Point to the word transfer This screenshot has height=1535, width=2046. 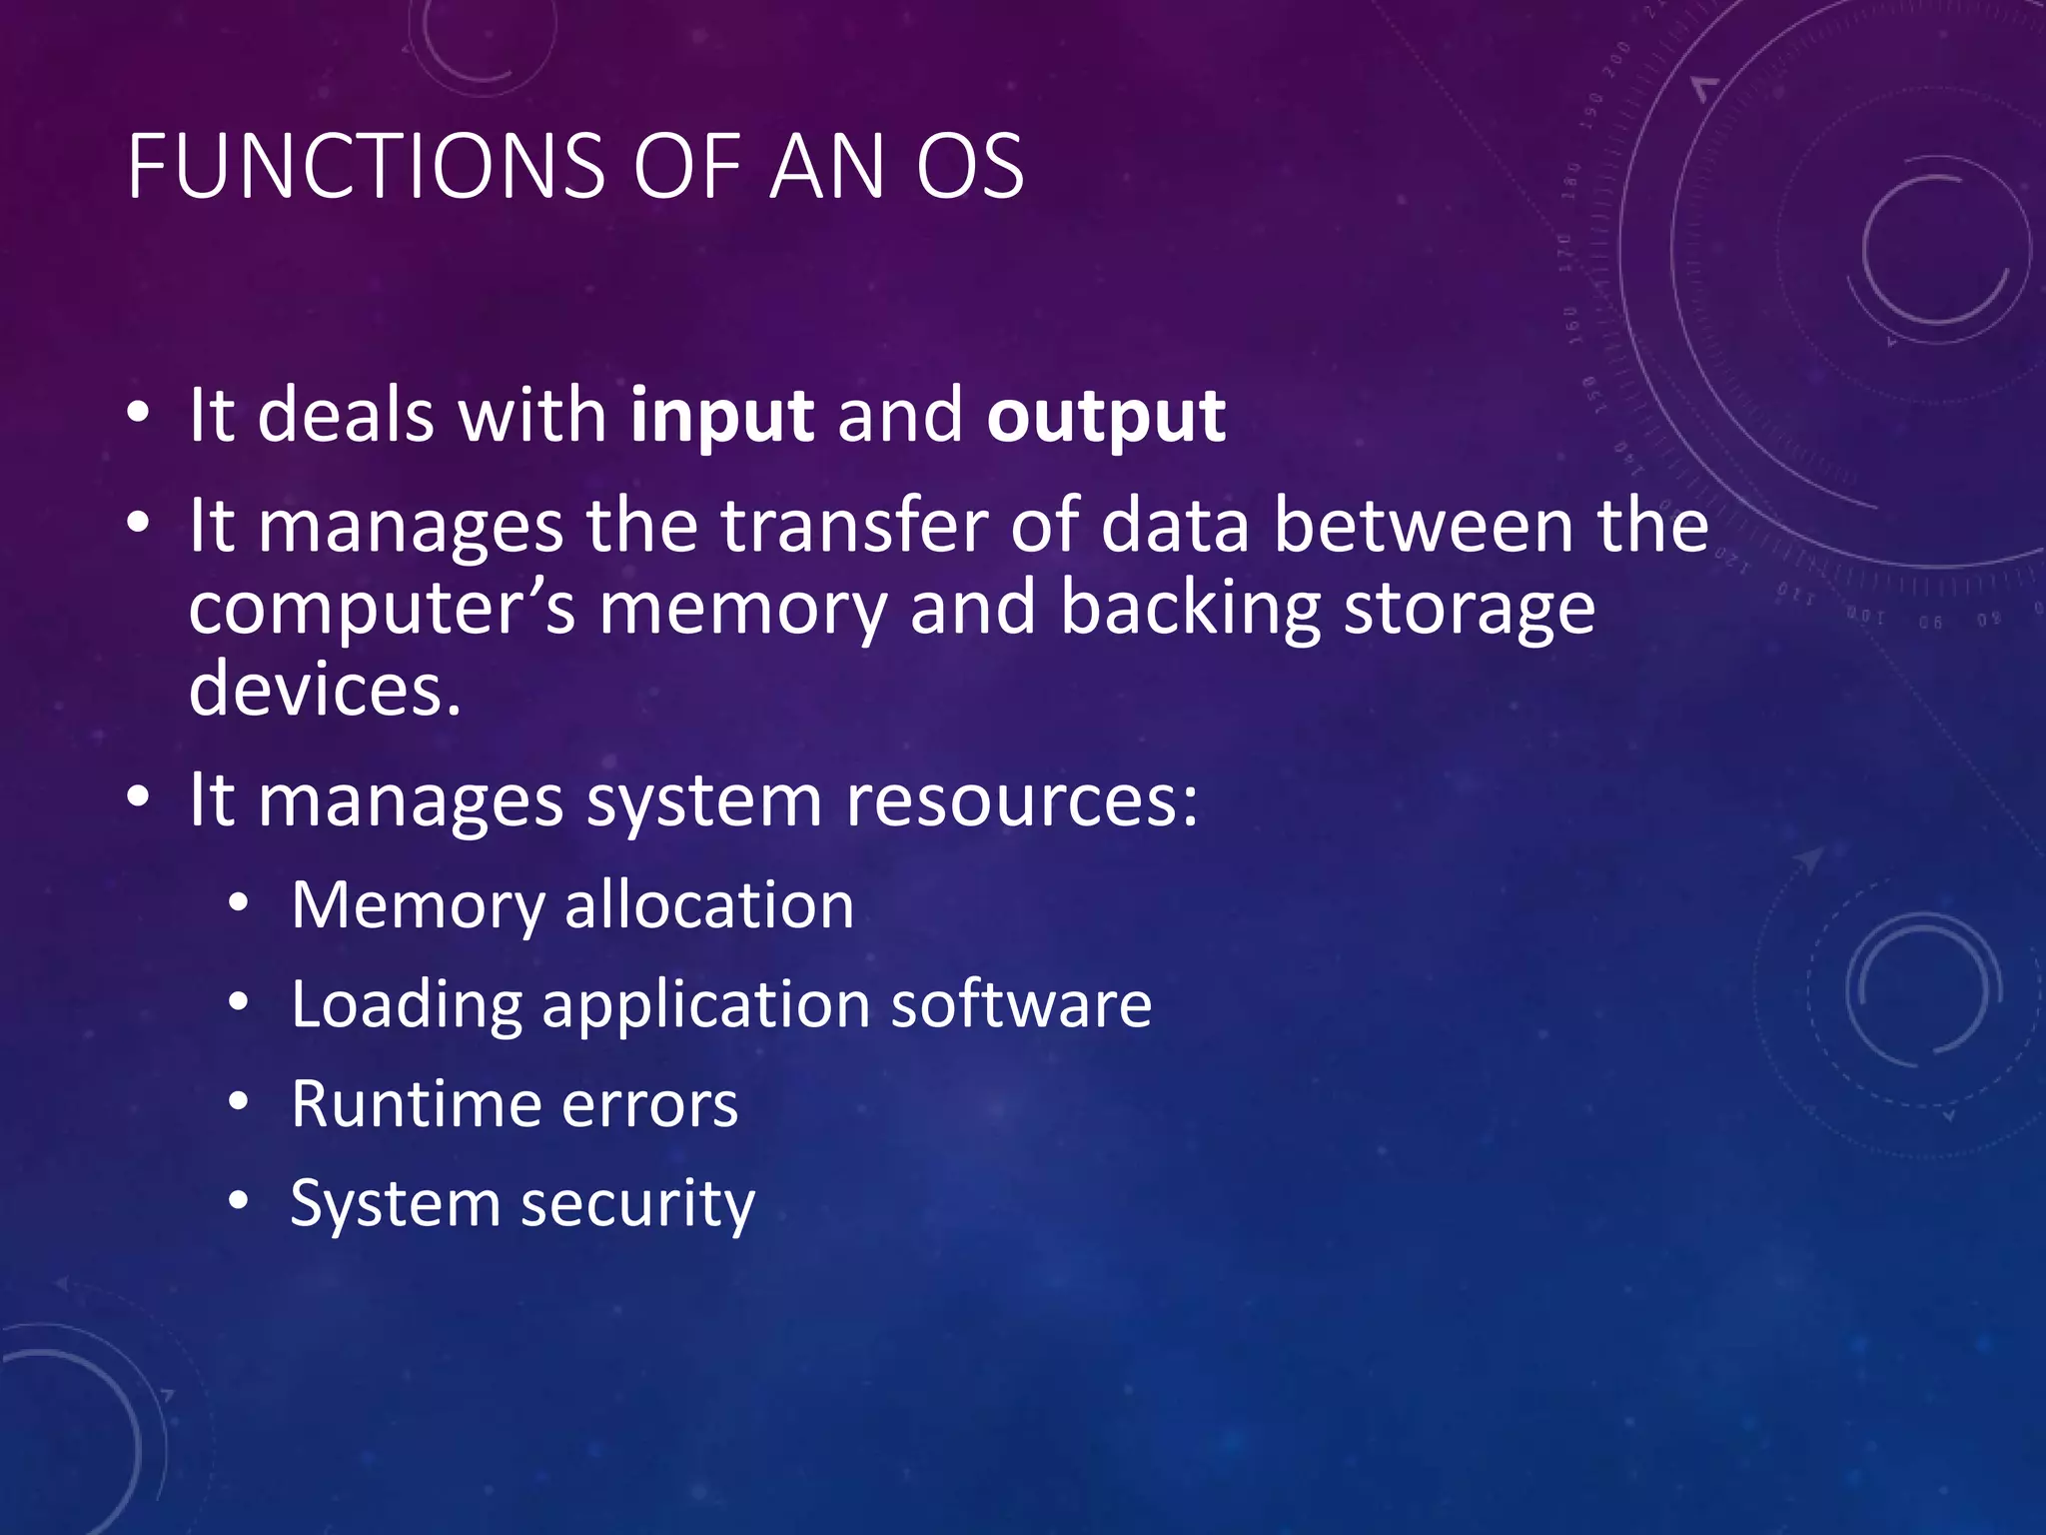click(853, 527)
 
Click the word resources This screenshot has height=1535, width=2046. click(1021, 802)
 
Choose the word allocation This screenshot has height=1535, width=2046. click(709, 906)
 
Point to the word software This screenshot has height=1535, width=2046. click(1021, 1004)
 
